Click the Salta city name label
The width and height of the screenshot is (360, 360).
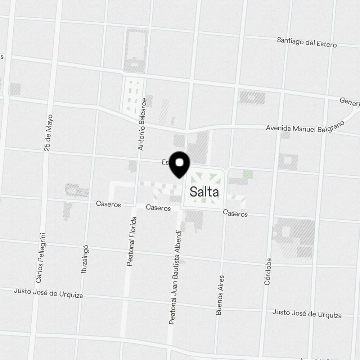pyautogui.click(x=204, y=192)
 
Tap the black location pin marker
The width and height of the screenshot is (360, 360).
pyautogui.click(x=180, y=165)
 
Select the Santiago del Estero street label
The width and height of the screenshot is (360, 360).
pyautogui.click(x=307, y=42)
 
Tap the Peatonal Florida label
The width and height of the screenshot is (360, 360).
pyautogui.click(x=132, y=241)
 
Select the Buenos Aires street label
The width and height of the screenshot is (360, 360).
pyautogui.click(x=220, y=295)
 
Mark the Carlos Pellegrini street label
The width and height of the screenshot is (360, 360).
pyautogui.click(x=41, y=257)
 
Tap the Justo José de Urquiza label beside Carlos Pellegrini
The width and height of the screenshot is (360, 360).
pyautogui.click(x=48, y=293)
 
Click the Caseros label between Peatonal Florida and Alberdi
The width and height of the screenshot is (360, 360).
pyautogui.click(x=158, y=208)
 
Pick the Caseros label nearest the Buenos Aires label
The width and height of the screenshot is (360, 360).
pyautogui.click(x=235, y=213)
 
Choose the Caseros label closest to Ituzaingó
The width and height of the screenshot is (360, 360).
pyautogui.click(x=108, y=204)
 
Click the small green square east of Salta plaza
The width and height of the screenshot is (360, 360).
pyautogui.click(x=248, y=175)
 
